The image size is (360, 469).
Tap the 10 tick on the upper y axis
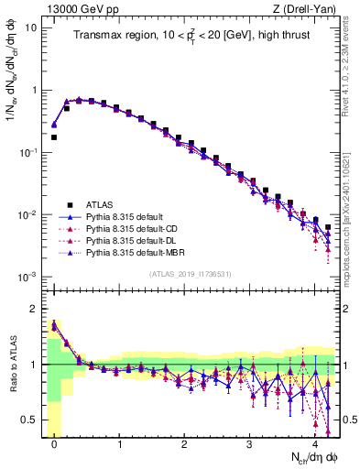click(33, 27)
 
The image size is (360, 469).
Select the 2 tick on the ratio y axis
click(34, 308)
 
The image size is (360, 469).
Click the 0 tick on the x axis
click(54, 445)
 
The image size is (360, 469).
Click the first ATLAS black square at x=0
click(54, 137)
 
